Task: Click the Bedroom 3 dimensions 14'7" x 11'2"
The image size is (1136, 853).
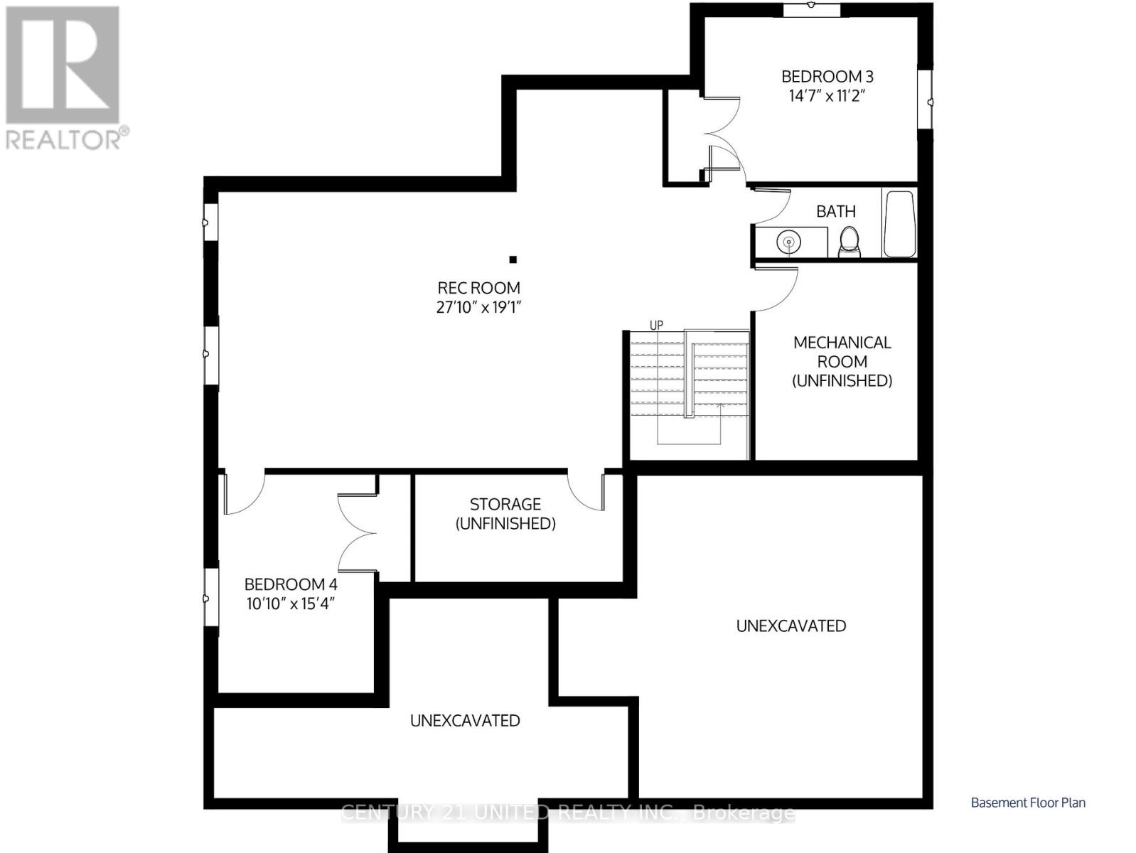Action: tap(827, 96)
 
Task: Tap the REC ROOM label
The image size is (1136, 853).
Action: tap(478, 288)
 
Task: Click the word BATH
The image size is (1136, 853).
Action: tap(835, 211)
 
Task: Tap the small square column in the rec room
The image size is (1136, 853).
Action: tap(513, 259)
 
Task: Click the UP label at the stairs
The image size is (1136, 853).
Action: tap(656, 326)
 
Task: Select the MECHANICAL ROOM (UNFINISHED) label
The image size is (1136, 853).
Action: tap(842, 361)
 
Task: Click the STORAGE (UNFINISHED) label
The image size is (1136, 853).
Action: tap(505, 513)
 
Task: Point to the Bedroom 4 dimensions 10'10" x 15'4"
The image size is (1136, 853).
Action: tap(290, 604)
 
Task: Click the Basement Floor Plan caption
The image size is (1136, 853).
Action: tap(1028, 803)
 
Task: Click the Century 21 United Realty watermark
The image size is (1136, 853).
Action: tap(567, 812)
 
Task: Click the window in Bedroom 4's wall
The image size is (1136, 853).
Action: tap(211, 597)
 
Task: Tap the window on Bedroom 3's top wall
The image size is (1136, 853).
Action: tap(812, 9)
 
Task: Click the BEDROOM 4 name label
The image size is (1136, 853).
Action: tap(290, 584)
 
